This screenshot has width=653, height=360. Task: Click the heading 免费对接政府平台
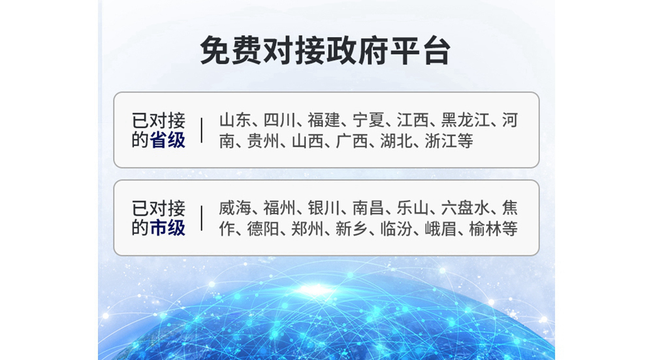325,51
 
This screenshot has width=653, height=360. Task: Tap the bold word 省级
167,140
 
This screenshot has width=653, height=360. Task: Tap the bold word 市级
167,228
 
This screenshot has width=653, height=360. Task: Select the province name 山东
235,120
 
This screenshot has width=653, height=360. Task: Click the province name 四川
279,120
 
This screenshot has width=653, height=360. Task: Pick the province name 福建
324,120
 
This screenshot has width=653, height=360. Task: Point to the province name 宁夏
368,120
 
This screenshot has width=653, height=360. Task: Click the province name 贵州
263,141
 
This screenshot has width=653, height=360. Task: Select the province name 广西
352,141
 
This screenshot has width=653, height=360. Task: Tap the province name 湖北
396,141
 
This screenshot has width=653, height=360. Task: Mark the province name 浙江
441,141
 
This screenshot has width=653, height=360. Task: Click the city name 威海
235,208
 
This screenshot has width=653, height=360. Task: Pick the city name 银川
324,208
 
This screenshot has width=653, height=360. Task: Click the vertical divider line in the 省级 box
202,130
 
